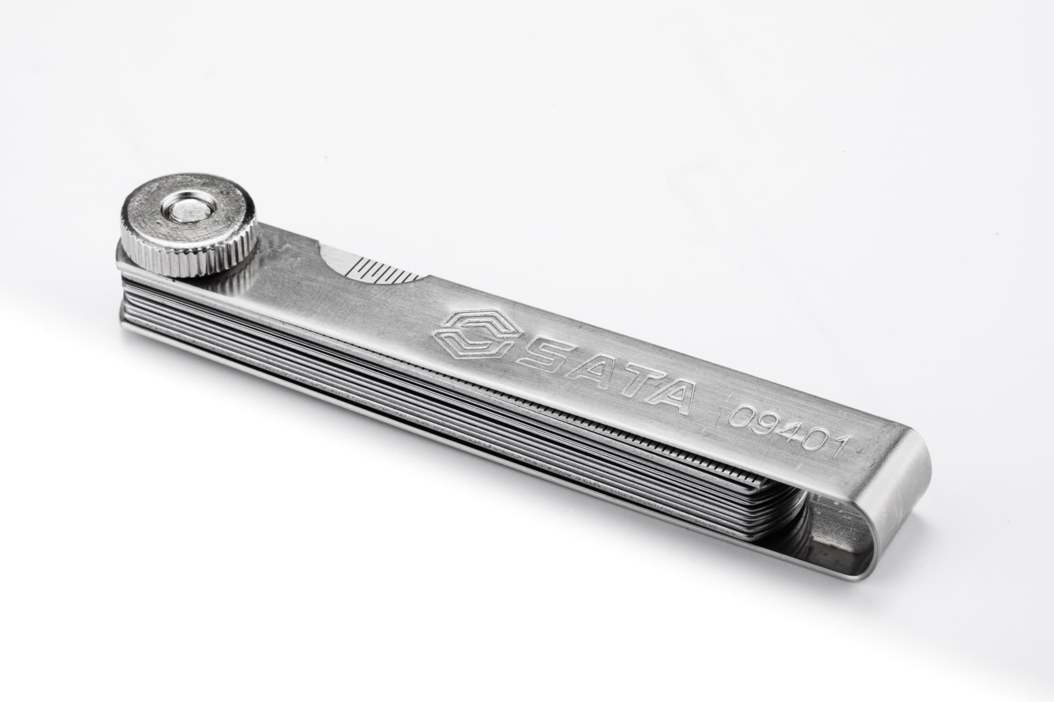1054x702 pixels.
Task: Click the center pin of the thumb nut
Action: point(189,209)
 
